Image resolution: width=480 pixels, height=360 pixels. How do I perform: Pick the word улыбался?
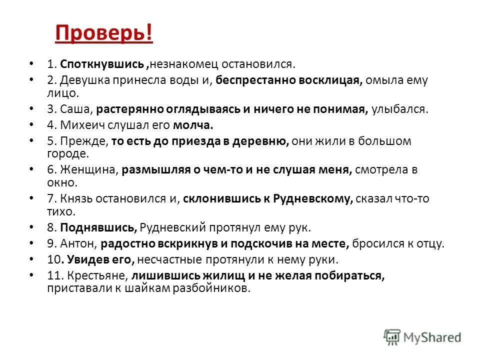[399, 109]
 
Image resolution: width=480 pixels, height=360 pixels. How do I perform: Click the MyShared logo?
[423, 336]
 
